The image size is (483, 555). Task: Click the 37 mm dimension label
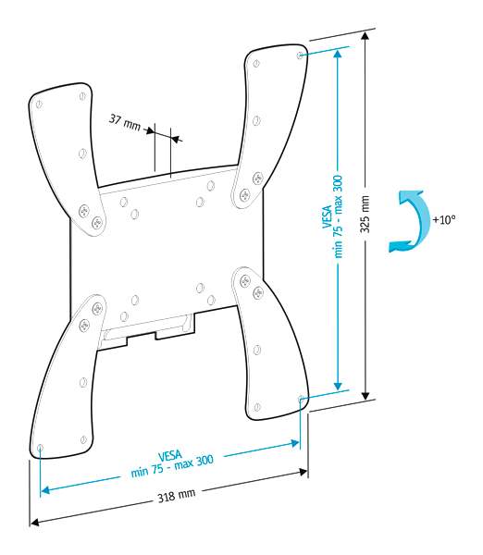[125, 122]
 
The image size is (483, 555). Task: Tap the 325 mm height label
[365, 215]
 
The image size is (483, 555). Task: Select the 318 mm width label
[177, 496]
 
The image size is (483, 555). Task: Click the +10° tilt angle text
[444, 219]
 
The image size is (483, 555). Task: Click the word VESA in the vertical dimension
[327, 216]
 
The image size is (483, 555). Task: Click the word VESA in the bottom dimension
[170, 456]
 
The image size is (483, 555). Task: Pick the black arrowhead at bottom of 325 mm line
[365, 396]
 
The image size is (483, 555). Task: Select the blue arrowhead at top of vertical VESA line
[338, 54]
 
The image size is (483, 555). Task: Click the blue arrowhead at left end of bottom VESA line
[45, 490]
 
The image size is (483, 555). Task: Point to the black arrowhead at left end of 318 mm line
[34, 523]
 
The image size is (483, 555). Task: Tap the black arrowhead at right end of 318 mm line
[303, 472]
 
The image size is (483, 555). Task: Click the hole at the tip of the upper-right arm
[300, 55]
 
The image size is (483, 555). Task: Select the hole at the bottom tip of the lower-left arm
[40, 448]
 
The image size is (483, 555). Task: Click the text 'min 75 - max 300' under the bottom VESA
[172, 466]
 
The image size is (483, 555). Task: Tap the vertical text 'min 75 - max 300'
[338, 216]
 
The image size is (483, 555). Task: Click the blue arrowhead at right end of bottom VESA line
[294, 443]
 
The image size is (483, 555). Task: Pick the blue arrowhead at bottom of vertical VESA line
[338, 386]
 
